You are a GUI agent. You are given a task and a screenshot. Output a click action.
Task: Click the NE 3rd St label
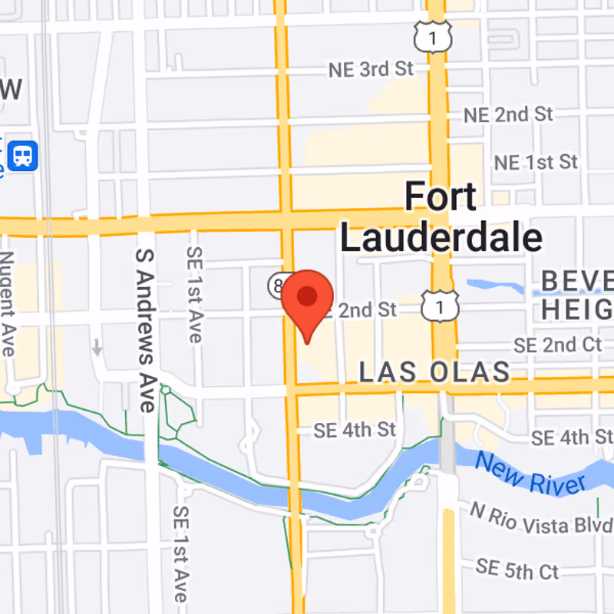[x=371, y=69]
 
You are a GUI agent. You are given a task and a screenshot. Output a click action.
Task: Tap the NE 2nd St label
[x=508, y=115]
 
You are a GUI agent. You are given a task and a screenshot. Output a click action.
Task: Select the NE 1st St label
[x=536, y=163]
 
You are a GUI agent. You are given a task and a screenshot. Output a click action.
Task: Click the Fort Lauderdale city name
[x=441, y=218]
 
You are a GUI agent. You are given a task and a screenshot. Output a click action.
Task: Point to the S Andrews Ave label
[x=146, y=330]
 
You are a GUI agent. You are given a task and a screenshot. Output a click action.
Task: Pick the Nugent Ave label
[x=8, y=303]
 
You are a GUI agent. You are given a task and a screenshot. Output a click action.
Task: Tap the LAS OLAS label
[x=434, y=372]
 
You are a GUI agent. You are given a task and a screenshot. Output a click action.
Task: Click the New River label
[x=530, y=474]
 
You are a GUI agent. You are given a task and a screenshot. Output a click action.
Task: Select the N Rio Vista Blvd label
[x=541, y=519]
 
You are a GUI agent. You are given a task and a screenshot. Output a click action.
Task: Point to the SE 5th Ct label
[x=517, y=570]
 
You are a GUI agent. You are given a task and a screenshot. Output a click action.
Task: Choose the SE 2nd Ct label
[x=558, y=345]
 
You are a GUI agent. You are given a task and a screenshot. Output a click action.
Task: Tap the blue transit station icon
[x=23, y=157]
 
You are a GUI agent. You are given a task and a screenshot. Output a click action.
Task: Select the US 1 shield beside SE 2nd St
[x=439, y=305]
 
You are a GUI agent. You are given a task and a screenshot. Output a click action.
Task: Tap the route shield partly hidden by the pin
[x=278, y=285]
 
